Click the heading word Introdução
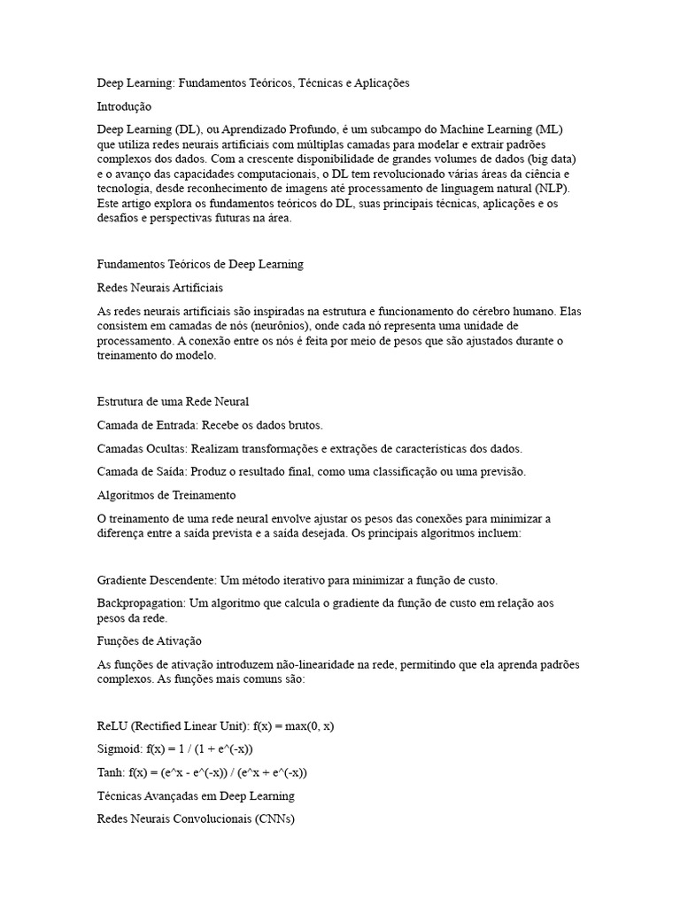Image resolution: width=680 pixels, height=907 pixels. coord(124,106)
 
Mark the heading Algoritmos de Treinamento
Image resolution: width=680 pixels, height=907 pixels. coord(166,494)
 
